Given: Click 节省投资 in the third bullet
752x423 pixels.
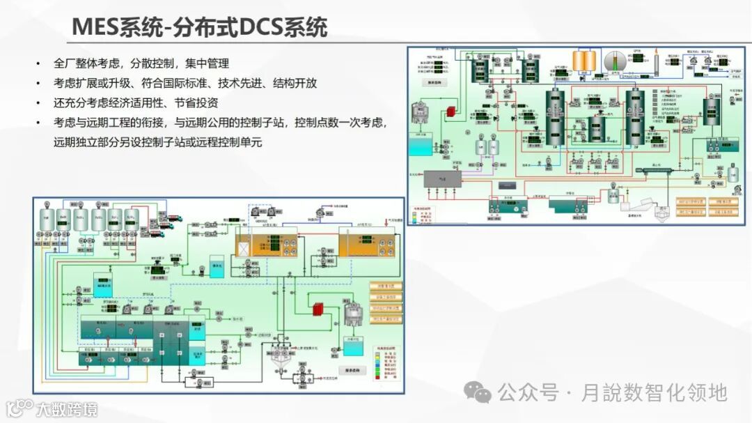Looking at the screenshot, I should tap(196, 102).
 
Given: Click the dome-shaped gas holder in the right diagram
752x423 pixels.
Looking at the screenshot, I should tap(615, 61).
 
